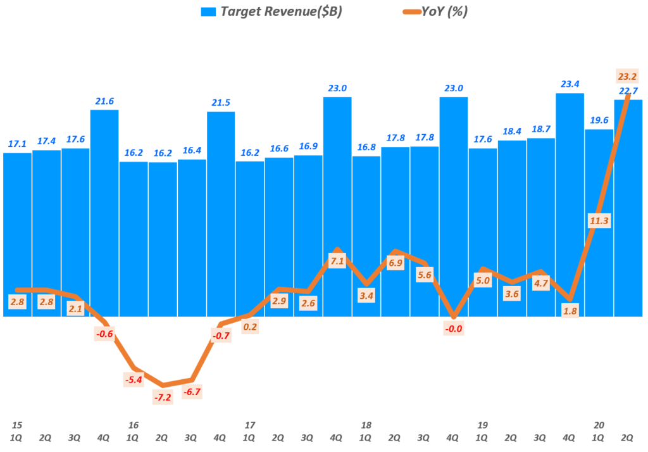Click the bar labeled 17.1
pyautogui.click(x=17, y=234)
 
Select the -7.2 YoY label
pyautogui.click(x=163, y=398)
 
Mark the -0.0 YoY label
pyautogui.click(x=453, y=328)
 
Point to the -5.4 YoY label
pyautogui.click(x=134, y=380)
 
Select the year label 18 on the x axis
pyautogui.click(x=366, y=424)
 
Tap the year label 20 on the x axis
pyautogui.click(x=599, y=424)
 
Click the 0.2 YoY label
pyautogui.click(x=249, y=327)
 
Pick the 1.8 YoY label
pyautogui.click(x=570, y=310)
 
